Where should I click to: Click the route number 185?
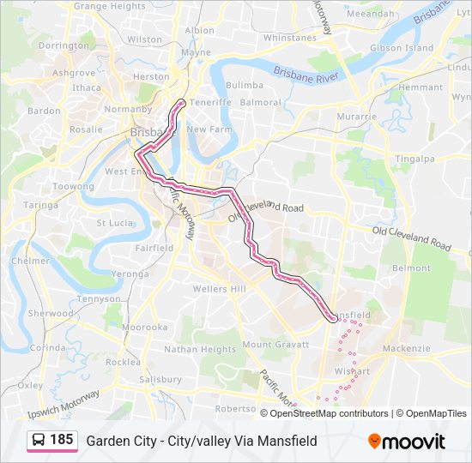tap(61, 440)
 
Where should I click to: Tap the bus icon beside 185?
tap(39, 440)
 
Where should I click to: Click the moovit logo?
tap(407, 441)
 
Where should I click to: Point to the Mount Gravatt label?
tap(272, 345)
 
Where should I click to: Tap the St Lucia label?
tap(112, 223)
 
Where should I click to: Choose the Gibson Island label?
tap(402, 48)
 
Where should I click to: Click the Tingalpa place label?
tap(415, 159)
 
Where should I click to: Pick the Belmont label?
tap(411, 268)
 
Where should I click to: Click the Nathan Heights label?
tap(200, 350)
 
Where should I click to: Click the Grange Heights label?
tap(110, 6)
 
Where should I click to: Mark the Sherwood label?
tap(50, 314)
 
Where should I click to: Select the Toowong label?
tap(73, 187)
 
